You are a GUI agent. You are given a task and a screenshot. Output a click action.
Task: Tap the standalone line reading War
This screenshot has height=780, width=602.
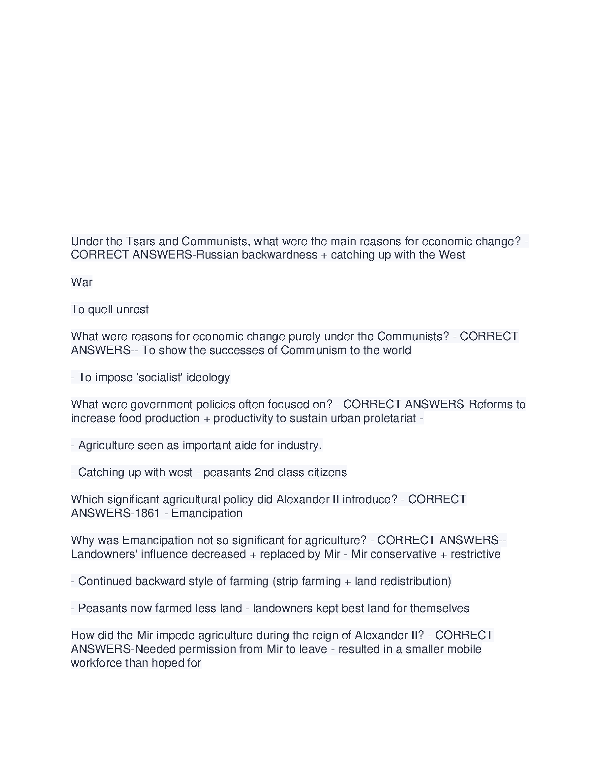tap(82, 282)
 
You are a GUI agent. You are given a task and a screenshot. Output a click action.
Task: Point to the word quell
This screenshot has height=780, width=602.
tap(100, 309)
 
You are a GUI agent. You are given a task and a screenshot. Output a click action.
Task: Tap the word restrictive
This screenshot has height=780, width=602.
tap(476, 554)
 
